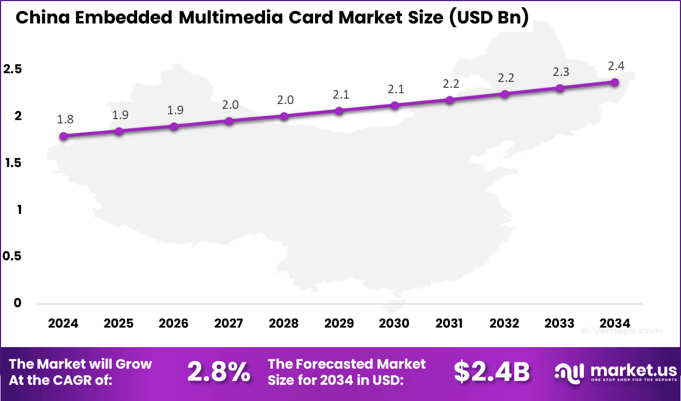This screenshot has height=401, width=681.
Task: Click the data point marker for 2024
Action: pyautogui.click(x=64, y=136)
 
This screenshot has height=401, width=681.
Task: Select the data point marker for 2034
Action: pyautogui.click(x=615, y=82)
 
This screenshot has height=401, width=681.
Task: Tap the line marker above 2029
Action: pyautogui.click(x=339, y=111)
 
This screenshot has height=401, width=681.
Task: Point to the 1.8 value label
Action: pyautogui.click(x=65, y=120)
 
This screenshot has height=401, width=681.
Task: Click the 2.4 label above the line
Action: pyautogui.click(x=616, y=66)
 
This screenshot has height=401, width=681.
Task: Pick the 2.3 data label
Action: pyautogui.click(x=561, y=72)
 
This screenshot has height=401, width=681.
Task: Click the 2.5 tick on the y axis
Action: pyautogui.click(x=12, y=69)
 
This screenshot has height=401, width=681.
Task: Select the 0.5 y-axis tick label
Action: pyautogui.click(x=12, y=256)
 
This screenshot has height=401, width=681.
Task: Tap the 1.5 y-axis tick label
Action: pyautogui.click(x=12, y=163)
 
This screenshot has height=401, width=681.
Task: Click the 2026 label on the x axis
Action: pyautogui.click(x=174, y=323)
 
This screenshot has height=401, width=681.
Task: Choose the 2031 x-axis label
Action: pyautogui.click(x=449, y=323)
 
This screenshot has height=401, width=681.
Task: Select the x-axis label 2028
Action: pyautogui.click(x=284, y=323)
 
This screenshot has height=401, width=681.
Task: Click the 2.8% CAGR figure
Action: pyautogui.click(x=219, y=372)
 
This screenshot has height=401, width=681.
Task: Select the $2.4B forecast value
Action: pyautogui.click(x=491, y=372)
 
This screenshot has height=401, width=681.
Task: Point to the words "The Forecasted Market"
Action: pyautogui.click(x=346, y=364)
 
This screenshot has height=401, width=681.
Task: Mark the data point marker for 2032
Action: pyautogui.click(x=505, y=94)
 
